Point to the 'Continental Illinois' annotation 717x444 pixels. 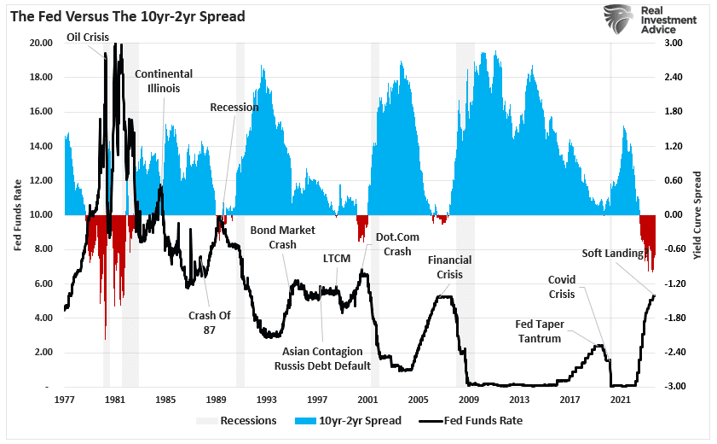coord(164,81)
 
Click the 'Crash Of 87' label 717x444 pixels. coord(210,322)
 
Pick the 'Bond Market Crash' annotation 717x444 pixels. coord(282,237)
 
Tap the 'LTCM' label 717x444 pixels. coord(338,257)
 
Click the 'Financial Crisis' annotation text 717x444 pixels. coord(450,267)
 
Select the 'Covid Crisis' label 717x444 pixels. coord(562,287)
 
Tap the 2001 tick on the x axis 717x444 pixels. coord(368,400)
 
